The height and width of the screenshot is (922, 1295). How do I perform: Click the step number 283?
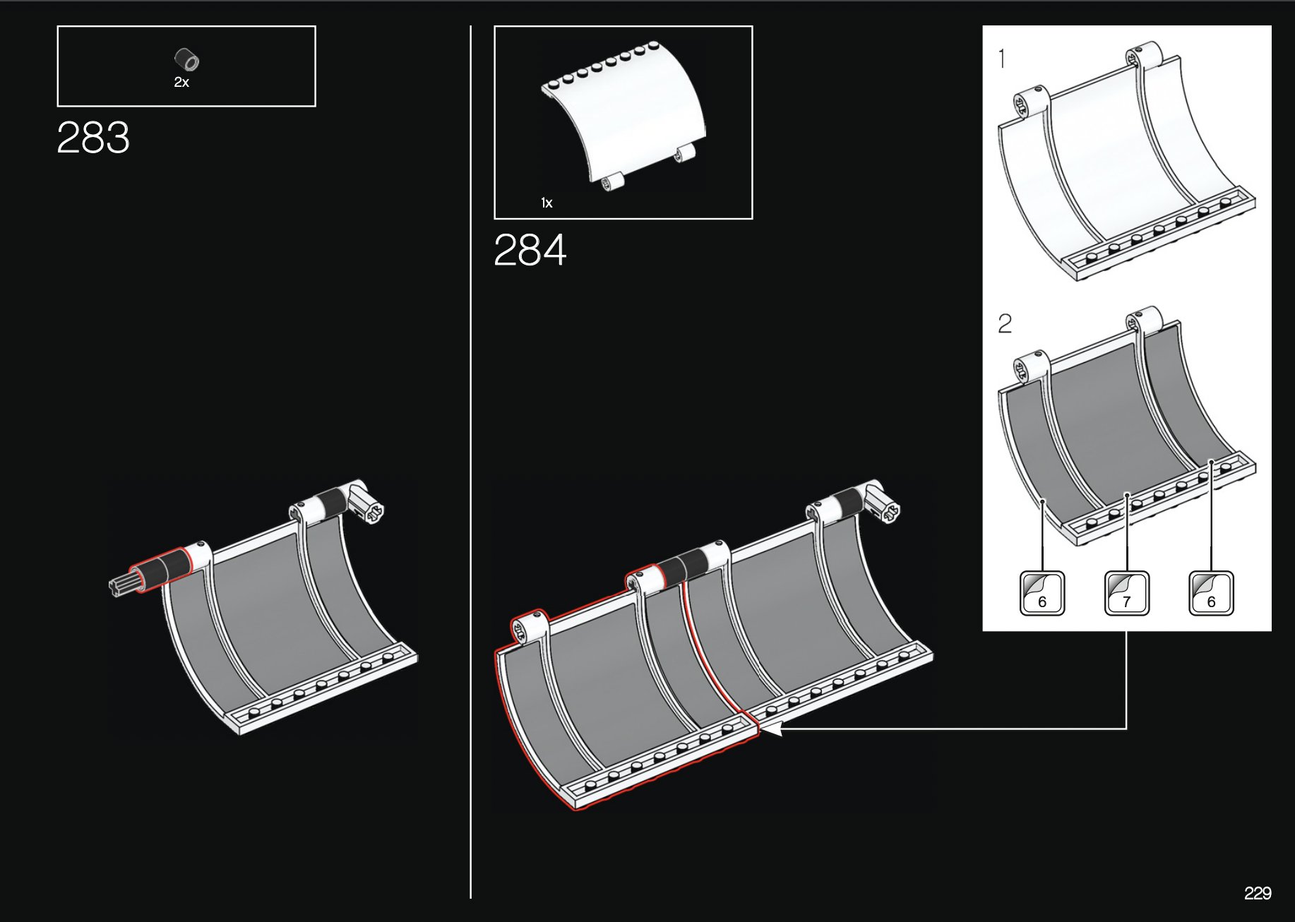pyautogui.click(x=93, y=137)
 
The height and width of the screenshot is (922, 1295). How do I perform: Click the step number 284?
pyautogui.click(x=530, y=250)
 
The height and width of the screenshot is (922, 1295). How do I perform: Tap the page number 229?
pyautogui.click(x=1258, y=893)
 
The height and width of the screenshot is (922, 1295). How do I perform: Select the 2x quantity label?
pyautogui.click(x=181, y=83)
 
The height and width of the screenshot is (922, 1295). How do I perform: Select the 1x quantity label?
pyautogui.click(x=547, y=203)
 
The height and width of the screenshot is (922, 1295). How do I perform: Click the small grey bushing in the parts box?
pyautogui.click(x=187, y=60)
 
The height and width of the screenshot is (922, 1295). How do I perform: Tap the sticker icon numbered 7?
pyautogui.click(x=1126, y=593)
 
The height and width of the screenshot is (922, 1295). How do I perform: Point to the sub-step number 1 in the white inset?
pyautogui.click(x=1002, y=59)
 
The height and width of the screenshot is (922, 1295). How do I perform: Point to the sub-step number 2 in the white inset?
pyautogui.click(x=1005, y=323)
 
